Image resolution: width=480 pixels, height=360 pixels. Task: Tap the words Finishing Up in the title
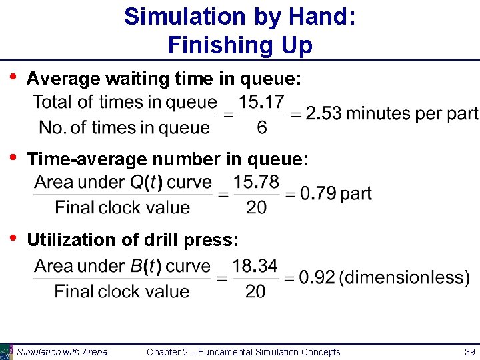pos(240,45)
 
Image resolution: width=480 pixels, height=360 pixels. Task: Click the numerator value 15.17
pos(261,102)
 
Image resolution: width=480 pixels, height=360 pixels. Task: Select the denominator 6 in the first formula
pos(261,127)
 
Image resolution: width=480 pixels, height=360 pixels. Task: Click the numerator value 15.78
pos(257,182)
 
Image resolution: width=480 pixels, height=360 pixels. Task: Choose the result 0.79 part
pos(336,194)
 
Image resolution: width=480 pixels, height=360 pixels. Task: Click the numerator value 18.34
pos(255,266)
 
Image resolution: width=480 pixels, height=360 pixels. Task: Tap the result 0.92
pos(317,278)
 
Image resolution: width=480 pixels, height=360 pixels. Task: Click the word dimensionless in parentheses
pos(404,278)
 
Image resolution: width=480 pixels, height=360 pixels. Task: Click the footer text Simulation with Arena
pos(62,352)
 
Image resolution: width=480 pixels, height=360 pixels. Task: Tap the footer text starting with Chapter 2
pos(243,352)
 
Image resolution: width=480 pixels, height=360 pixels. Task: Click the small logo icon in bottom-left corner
pos(7,351)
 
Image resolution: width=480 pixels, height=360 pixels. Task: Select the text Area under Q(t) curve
pos(123,182)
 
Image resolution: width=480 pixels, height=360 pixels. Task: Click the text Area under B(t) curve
pos(122,266)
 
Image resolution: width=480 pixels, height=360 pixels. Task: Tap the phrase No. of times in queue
pos(124,127)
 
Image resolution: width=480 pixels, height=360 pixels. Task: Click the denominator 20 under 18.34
pos(255,291)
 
